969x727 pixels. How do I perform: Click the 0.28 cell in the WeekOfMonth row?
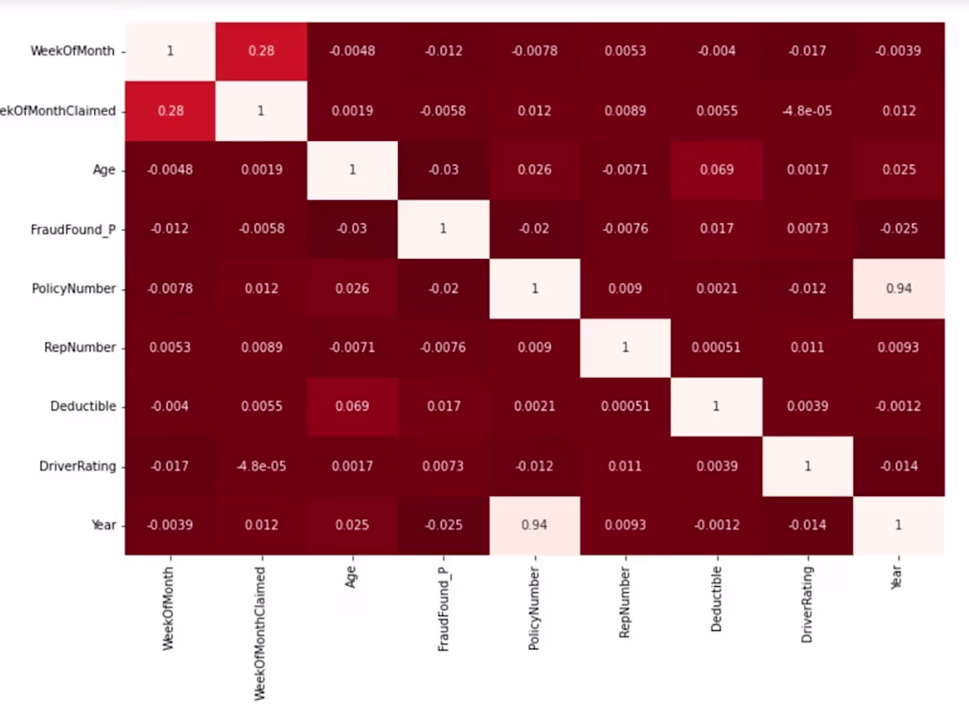pos(261,51)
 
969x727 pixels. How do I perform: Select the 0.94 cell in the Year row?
pos(534,525)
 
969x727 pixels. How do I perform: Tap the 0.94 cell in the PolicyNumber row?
pos(899,288)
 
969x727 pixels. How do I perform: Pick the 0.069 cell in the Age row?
pos(716,170)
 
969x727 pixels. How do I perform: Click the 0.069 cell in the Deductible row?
pos(352,406)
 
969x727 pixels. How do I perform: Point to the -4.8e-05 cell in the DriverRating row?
pos(261,466)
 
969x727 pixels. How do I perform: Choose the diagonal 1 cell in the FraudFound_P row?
pos(443,229)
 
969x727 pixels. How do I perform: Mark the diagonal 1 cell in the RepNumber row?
pos(625,347)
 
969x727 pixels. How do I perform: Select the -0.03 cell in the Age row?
pos(443,170)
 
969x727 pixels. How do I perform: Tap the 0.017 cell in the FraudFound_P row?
pos(716,229)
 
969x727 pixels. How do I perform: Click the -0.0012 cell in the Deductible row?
pos(899,406)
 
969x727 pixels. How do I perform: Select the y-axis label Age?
pos(104,170)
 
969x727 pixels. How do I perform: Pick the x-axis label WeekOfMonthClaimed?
pos(261,633)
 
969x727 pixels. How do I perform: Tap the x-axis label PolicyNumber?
pos(534,609)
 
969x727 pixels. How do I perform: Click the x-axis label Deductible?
pos(716,604)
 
